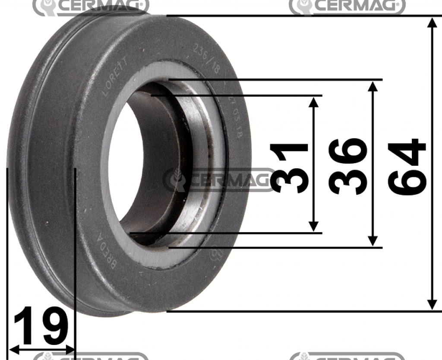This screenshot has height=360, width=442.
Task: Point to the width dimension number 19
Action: pos(41,325)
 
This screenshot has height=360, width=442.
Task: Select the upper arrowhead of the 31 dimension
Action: pos(314,101)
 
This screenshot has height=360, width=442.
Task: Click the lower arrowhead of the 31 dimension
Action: pos(314,226)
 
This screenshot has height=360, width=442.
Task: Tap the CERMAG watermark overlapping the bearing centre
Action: pos(218,179)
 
